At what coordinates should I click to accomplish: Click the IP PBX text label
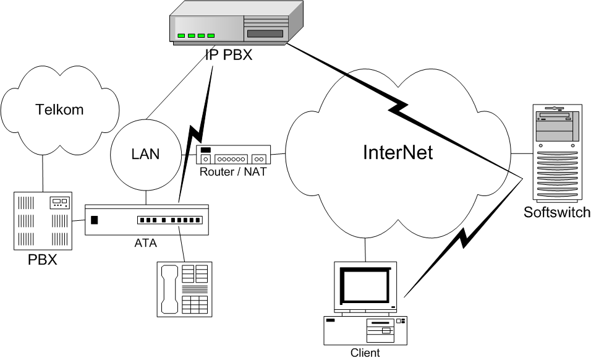pyautogui.click(x=229, y=56)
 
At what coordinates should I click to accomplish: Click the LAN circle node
pyautogui.click(x=145, y=154)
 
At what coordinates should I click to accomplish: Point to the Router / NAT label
pyautogui.click(x=233, y=171)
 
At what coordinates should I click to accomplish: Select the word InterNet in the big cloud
pyautogui.click(x=398, y=153)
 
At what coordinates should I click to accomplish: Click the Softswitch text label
pyautogui.click(x=557, y=213)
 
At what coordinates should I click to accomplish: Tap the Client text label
pyautogui.click(x=365, y=353)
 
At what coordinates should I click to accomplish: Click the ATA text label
pyautogui.click(x=145, y=243)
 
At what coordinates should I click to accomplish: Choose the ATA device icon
pyautogui.click(x=147, y=220)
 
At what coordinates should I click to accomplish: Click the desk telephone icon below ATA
pyautogui.click(x=185, y=288)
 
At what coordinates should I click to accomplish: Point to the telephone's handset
pyautogui.click(x=169, y=289)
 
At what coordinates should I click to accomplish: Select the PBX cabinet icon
pyautogui.click(x=42, y=220)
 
